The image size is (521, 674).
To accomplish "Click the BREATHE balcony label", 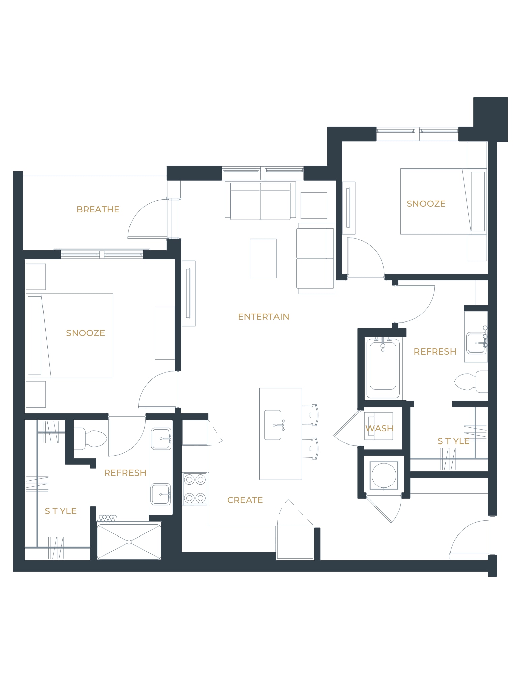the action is [98, 209].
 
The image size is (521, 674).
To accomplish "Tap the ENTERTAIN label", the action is [263, 317].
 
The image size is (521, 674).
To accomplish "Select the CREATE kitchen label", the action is [245, 500].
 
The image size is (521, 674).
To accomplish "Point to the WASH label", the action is [379, 428].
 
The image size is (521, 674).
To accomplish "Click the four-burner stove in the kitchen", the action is [195, 489].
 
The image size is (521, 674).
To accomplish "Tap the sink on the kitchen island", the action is [273, 425].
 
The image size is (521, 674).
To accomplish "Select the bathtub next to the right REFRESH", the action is [383, 368].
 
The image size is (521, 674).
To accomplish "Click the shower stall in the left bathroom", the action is [129, 542].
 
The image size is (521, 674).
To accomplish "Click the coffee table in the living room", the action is [263, 258].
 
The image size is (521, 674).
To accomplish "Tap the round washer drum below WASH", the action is [384, 475].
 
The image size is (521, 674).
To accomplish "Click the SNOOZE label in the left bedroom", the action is [85, 333].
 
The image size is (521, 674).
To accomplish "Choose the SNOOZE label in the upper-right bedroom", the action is [426, 204].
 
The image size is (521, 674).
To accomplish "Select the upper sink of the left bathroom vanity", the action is [161, 439].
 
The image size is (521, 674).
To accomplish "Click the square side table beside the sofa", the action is [314, 205].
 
